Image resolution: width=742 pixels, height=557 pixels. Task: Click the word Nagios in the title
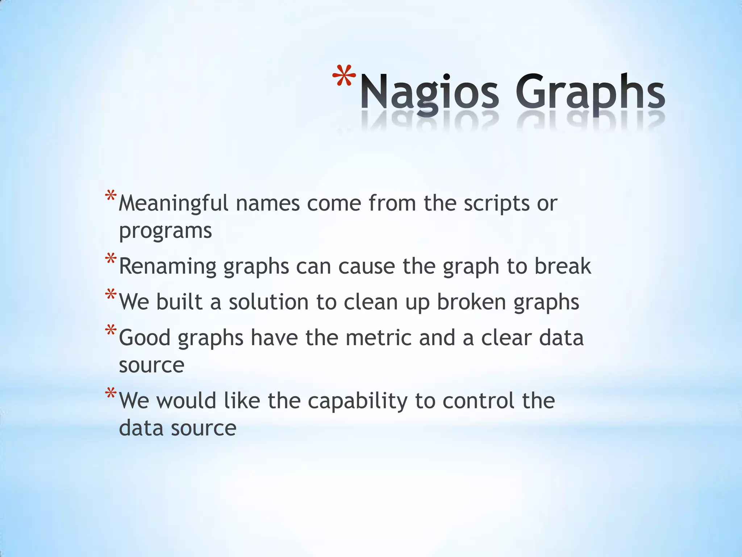429,92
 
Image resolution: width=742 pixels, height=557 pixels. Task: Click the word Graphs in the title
590,92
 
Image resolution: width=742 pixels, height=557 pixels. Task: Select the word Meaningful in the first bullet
173,203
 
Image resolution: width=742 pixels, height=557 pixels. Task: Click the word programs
165,231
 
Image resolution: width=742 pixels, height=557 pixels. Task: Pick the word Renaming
167,267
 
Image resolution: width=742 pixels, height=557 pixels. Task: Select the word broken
471,302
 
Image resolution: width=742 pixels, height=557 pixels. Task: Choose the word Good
145,338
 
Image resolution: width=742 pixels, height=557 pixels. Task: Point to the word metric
378,338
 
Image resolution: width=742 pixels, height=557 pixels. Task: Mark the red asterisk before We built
111,294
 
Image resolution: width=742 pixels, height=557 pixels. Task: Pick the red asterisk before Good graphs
111,330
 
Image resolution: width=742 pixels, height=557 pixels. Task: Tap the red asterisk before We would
111,393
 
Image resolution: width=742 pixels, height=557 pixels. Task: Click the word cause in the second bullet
367,267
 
